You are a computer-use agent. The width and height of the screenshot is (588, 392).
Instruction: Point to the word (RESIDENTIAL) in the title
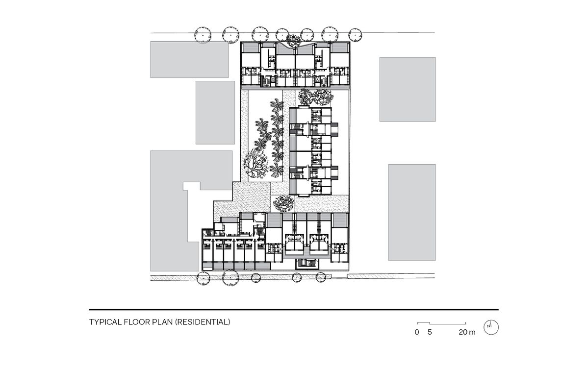coord(203,322)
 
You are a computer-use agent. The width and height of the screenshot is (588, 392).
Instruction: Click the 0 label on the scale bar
coord(417,332)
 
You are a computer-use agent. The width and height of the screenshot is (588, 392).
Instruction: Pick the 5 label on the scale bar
coord(430,332)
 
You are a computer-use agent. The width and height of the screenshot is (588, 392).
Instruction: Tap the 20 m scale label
coord(467,332)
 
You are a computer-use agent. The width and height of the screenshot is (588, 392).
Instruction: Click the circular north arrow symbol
coord(491,327)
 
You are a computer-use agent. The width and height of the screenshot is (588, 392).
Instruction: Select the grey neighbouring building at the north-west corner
coord(189,59)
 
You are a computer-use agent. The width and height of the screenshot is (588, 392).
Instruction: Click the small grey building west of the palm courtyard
coord(215,112)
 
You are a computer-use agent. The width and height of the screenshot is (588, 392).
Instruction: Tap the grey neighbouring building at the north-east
coord(407,89)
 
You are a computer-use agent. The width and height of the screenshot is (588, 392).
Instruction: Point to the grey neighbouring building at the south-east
coord(411,212)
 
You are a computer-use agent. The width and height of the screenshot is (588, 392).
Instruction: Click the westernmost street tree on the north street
coord(203,34)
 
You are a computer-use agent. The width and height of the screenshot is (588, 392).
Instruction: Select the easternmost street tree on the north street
coord(355,34)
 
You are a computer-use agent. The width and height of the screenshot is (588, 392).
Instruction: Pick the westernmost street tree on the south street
coord(204,278)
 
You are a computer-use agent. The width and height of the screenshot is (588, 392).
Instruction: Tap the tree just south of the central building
coord(283,201)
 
